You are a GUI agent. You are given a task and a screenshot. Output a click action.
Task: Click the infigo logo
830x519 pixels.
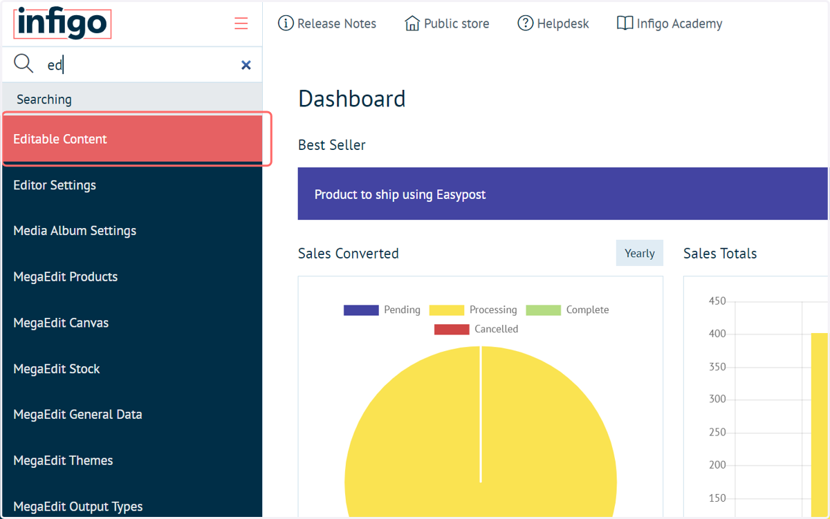coord(62,23)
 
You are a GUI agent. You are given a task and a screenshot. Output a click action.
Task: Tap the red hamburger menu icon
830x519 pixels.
coord(241,23)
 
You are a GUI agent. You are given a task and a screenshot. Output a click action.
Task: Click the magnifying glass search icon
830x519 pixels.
coord(24,64)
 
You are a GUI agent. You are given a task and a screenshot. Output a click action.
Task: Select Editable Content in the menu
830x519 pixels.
coord(59,139)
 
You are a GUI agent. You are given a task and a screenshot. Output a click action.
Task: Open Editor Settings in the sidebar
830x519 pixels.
coord(55,185)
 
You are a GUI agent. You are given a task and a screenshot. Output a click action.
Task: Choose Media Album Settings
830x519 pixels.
coord(75,231)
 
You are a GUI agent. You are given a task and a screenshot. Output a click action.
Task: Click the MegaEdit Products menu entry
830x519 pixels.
coord(65,277)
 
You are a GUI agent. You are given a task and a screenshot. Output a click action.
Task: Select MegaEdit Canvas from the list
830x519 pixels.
coord(61,323)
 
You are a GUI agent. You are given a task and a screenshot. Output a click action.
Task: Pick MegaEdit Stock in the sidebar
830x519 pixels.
coord(56,369)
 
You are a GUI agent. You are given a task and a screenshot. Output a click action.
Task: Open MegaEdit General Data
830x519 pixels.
coord(77,415)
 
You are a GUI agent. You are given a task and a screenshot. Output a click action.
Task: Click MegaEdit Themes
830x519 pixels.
coord(63,460)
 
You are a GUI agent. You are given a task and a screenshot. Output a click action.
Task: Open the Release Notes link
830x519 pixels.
coord(326,23)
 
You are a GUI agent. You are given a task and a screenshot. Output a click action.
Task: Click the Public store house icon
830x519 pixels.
coord(412,23)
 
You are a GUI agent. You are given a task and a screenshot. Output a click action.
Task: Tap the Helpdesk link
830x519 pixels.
coord(553,23)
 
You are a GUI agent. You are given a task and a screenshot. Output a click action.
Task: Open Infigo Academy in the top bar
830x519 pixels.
coord(670,23)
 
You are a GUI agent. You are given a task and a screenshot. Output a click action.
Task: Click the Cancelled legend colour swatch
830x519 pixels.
coord(452,329)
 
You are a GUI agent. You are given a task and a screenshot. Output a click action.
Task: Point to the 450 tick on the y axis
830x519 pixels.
coord(717,301)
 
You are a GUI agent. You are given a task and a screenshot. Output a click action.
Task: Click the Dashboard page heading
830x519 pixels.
coord(351,99)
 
